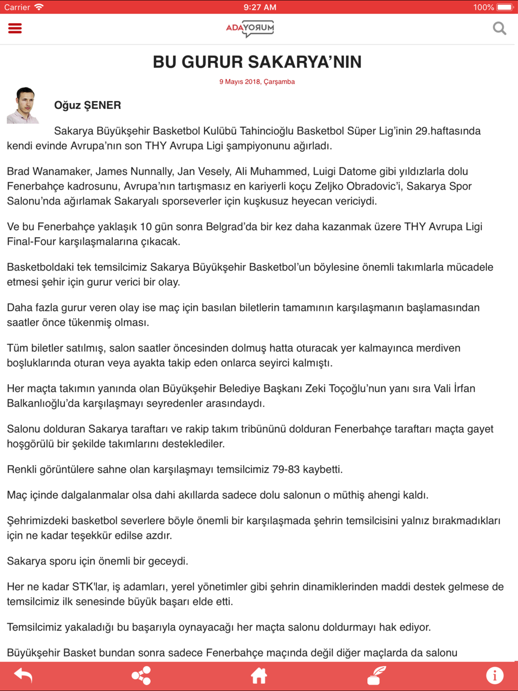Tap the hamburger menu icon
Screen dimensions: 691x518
coord(15,28)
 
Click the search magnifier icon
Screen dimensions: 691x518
coord(499,28)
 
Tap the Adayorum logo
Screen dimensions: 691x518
coord(250,28)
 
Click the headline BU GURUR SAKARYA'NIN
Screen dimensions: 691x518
coord(257,62)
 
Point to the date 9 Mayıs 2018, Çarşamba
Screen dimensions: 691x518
coord(257,82)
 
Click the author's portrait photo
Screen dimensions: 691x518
coord(23,106)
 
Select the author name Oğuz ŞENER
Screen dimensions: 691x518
coord(88,106)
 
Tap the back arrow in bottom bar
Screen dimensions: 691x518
coord(23,675)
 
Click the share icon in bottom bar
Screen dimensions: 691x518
coord(141,675)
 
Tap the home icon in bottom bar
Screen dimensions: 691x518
coord(258,675)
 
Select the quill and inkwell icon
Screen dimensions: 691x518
coord(377,675)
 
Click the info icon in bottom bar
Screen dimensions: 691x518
coord(495,675)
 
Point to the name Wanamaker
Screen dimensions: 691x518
coord(62,171)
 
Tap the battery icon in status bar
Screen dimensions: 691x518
coord(505,7)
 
